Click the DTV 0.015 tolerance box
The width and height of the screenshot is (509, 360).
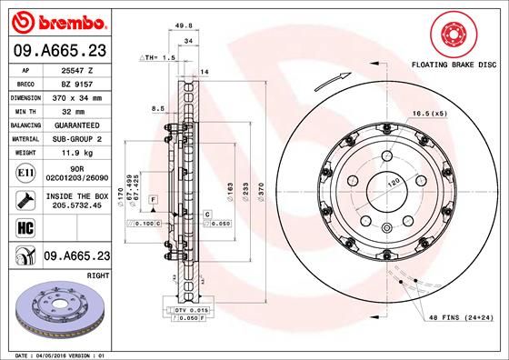[x=189, y=310]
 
